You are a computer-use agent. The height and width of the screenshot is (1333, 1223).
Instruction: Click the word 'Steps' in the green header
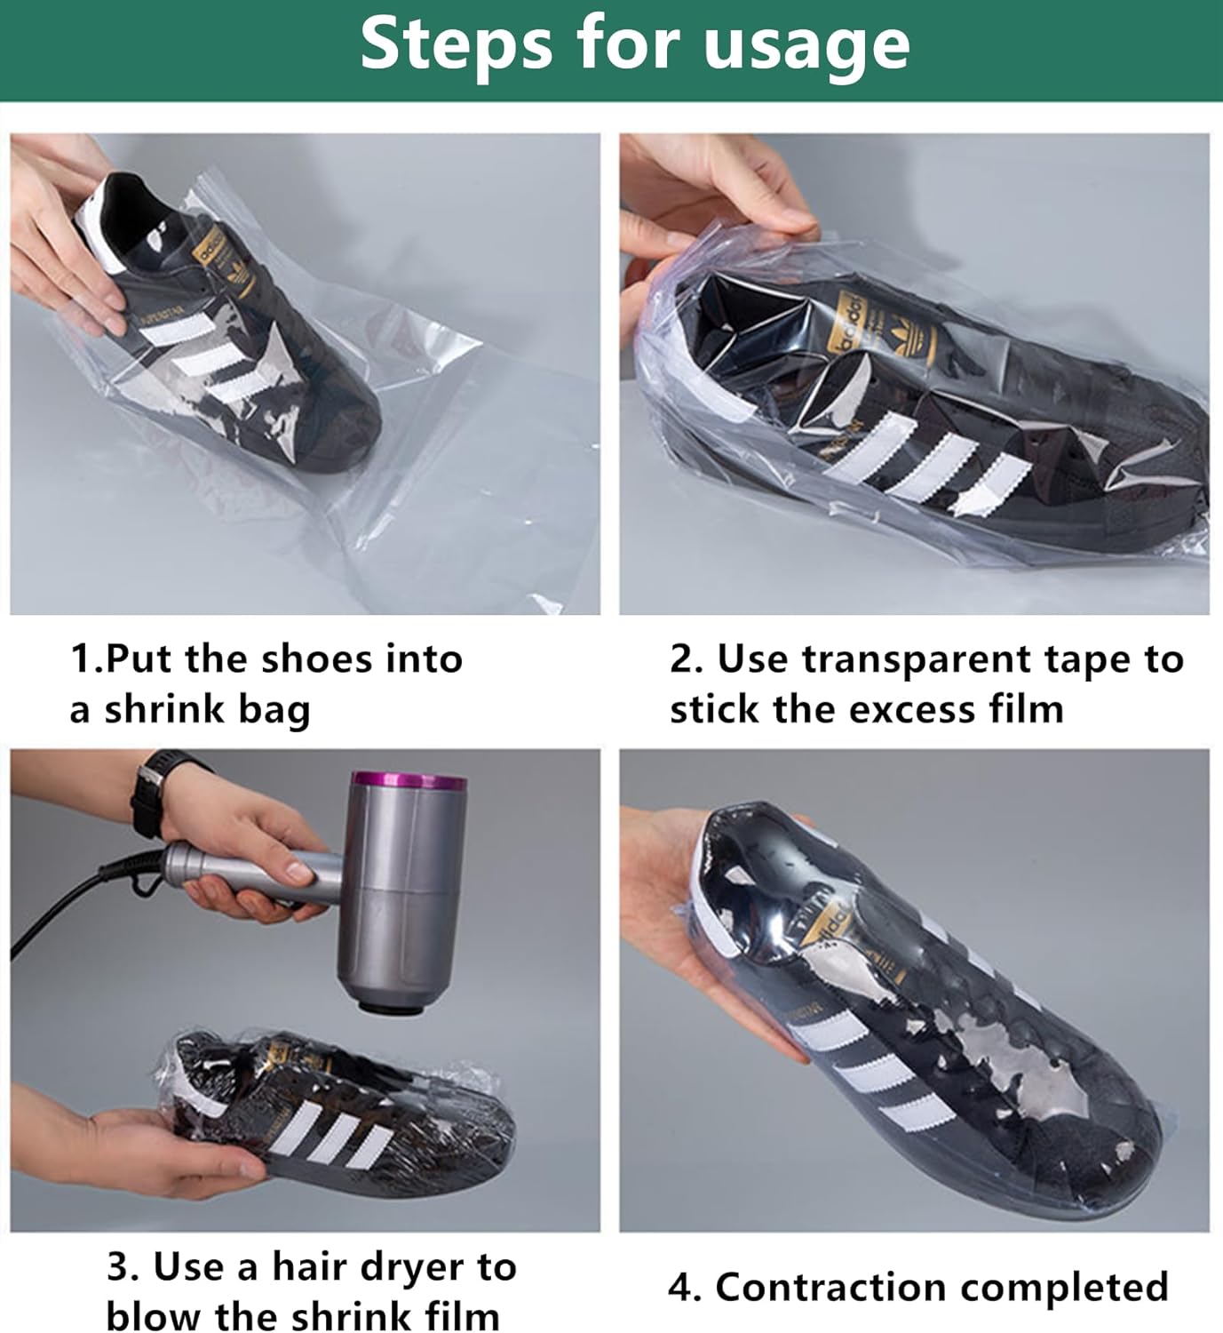coord(456,44)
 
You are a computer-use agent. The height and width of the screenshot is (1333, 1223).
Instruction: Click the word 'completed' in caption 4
coord(1063,1287)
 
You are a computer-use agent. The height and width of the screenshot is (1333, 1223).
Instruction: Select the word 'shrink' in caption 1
coord(163,709)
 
